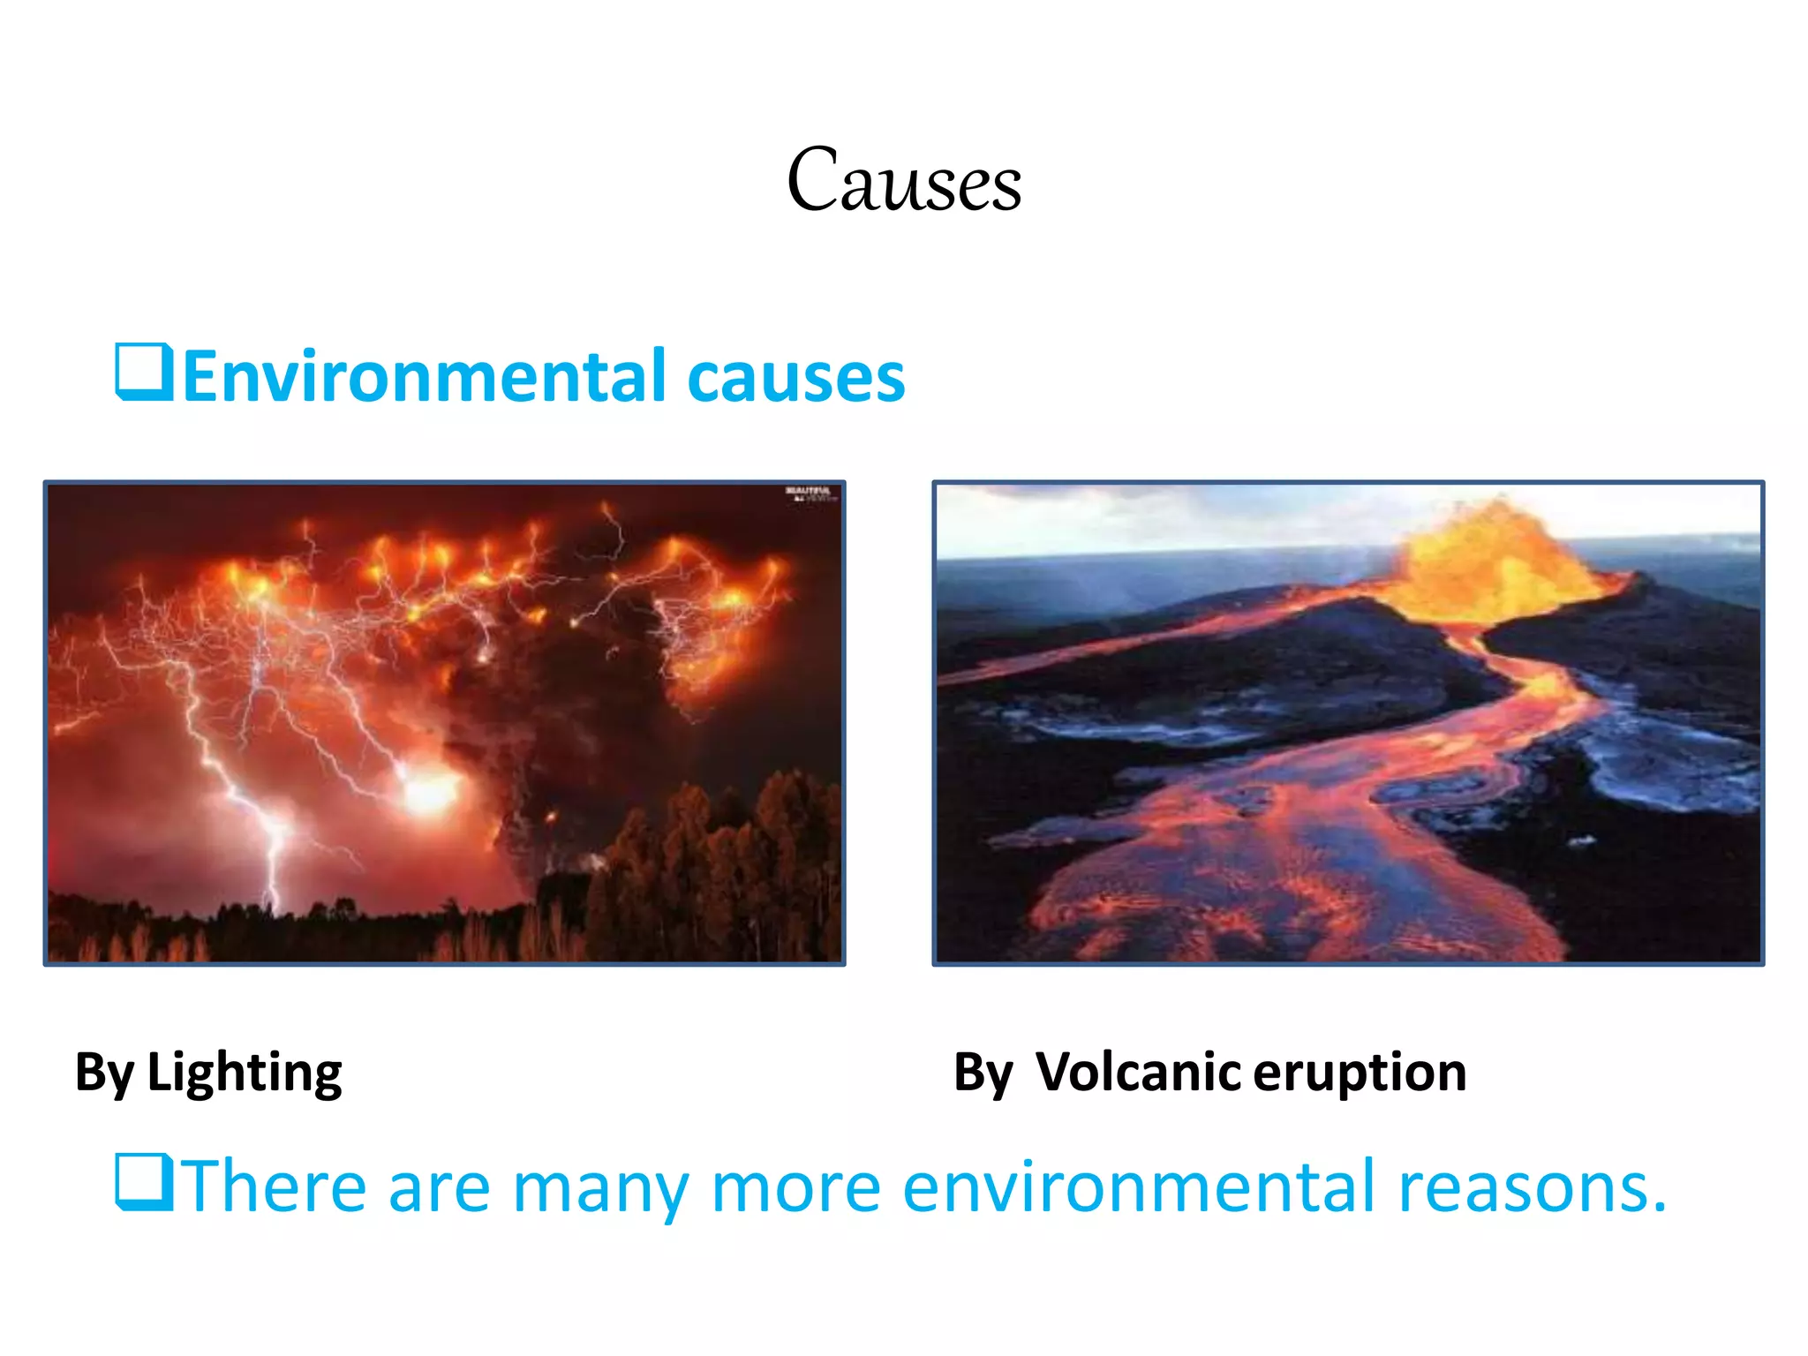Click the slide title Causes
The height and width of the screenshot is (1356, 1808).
point(904,181)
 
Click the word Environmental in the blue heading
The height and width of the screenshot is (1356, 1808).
point(423,377)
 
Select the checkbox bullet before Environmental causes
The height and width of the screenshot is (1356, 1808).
point(143,373)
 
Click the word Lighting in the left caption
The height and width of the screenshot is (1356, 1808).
point(245,1073)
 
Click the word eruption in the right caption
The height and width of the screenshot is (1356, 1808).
point(1360,1073)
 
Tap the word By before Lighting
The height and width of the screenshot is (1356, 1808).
point(104,1073)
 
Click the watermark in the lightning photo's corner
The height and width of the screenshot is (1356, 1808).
point(810,493)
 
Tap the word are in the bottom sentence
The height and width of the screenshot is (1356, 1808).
point(439,1187)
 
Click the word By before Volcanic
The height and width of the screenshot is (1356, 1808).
point(983,1073)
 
